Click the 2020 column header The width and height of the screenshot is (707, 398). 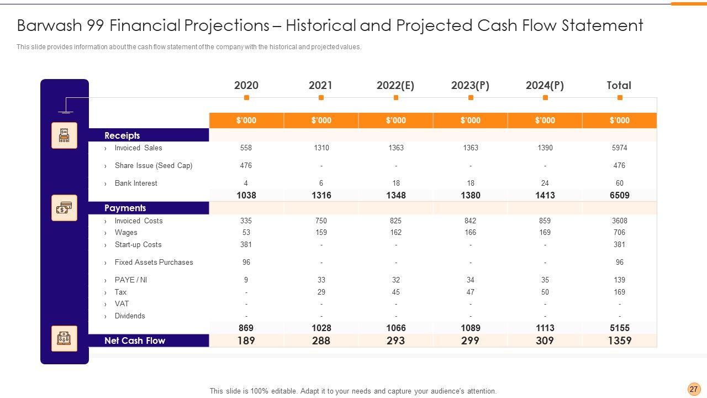click(246, 86)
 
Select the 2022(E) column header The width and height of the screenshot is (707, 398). click(395, 86)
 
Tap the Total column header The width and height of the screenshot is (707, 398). click(619, 86)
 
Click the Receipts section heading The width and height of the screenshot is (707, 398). click(122, 135)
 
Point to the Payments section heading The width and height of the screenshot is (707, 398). click(125, 208)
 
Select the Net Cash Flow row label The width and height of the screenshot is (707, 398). click(135, 341)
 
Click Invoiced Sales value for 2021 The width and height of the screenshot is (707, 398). click(321, 148)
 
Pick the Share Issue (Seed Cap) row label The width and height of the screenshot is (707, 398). click(154, 165)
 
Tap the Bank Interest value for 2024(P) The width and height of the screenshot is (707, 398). click(545, 183)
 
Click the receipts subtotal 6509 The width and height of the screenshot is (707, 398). click(619, 195)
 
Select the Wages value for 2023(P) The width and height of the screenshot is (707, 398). click(471, 232)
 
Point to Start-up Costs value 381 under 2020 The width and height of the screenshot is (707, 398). click(246, 244)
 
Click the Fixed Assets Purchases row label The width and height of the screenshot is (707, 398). click(154, 262)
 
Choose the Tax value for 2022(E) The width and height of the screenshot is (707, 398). click(396, 292)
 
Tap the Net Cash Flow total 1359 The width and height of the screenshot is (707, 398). click(619, 341)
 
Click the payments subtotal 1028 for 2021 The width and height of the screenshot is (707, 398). click(321, 328)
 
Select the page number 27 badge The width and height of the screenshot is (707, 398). click(694, 389)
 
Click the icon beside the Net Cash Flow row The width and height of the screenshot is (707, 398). click(64, 338)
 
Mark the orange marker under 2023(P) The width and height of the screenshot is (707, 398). click(471, 98)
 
